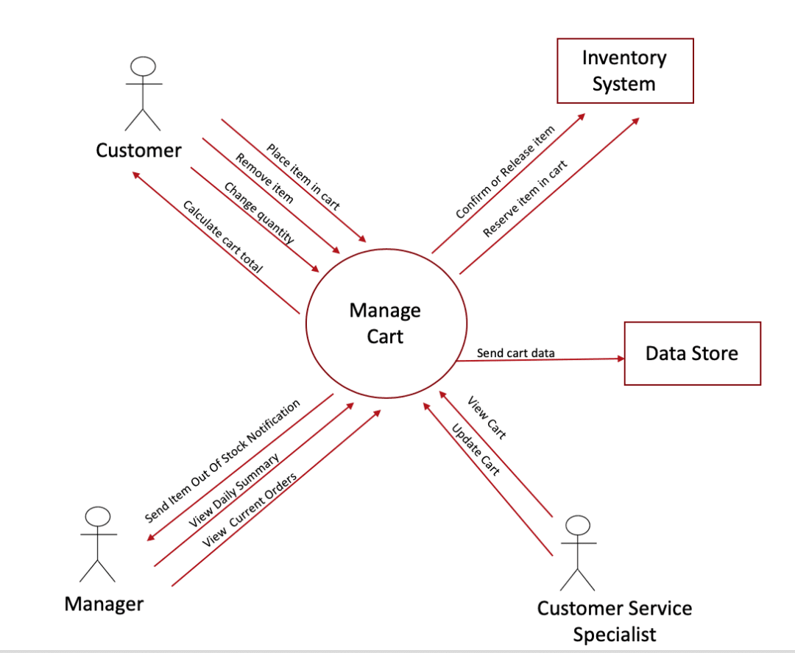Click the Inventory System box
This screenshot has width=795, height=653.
(624, 71)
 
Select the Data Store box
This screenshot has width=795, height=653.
(691, 353)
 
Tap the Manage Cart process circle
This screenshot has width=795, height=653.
(385, 324)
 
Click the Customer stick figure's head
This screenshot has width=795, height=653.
(143, 66)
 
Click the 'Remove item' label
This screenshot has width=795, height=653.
(264, 178)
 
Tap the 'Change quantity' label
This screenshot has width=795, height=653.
(259, 213)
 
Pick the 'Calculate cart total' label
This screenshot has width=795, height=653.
(222, 237)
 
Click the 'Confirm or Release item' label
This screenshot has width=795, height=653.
(505, 172)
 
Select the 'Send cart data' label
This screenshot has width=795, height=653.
(515, 353)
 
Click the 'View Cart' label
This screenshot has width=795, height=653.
(487, 417)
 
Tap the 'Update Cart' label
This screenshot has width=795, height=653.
(476, 449)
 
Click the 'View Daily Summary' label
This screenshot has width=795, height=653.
(234, 490)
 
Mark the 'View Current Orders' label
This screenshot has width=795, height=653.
(250, 508)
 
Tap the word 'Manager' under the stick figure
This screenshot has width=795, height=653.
(104, 604)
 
